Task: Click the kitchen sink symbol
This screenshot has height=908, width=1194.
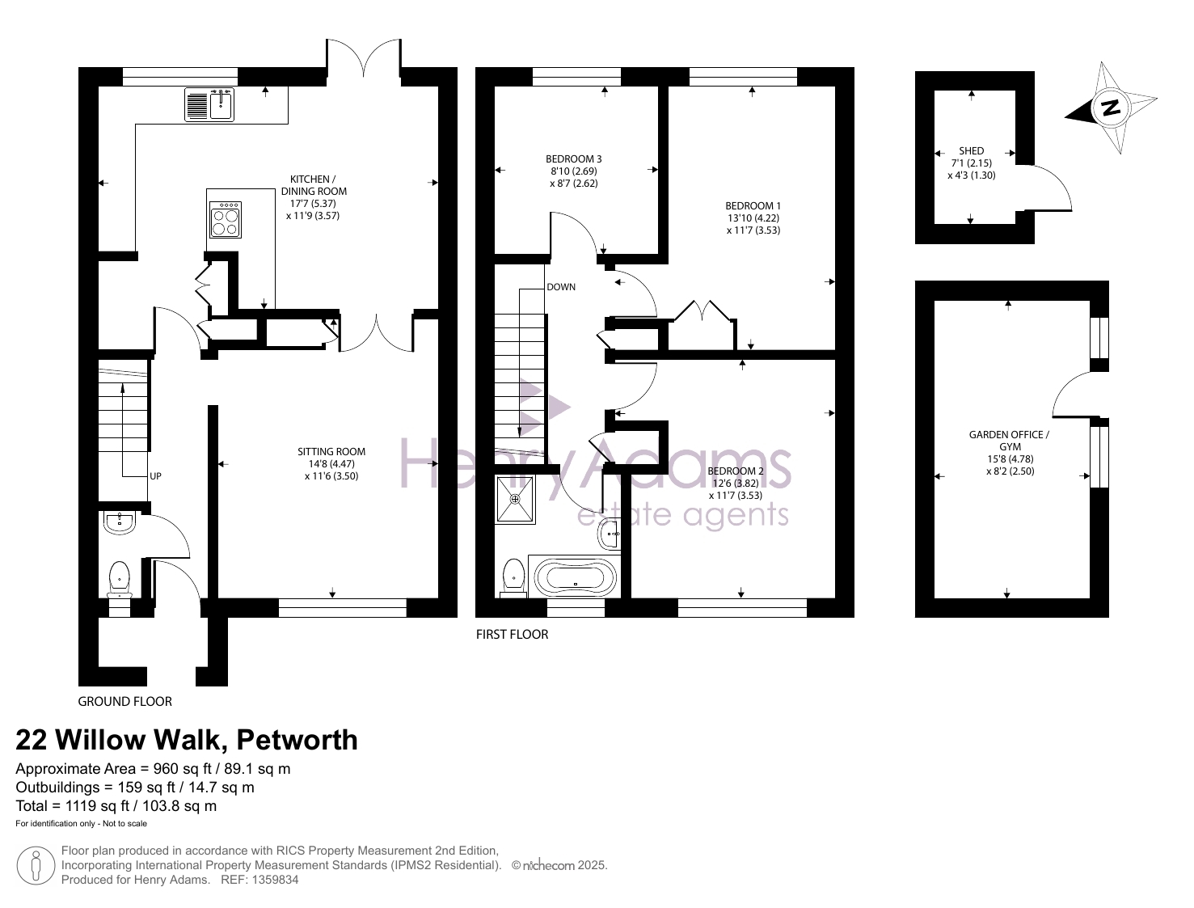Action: (209, 104)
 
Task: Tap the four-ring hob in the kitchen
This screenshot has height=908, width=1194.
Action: (226, 219)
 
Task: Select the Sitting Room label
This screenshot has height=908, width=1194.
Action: (331, 451)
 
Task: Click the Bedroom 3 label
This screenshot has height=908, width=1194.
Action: (573, 158)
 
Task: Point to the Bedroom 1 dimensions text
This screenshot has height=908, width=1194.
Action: (753, 224)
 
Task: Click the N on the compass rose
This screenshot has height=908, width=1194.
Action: (1110, 108)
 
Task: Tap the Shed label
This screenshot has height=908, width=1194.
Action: (971, 150)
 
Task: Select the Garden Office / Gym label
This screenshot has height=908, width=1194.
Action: (1010, 441)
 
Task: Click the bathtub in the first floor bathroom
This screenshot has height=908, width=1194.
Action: (576, 577)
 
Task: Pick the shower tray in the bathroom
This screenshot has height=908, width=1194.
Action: (515, 499)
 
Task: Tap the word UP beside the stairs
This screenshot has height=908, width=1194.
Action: (155, 476)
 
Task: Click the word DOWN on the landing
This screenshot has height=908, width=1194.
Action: (561, 287)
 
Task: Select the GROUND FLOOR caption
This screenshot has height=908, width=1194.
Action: (124, 701)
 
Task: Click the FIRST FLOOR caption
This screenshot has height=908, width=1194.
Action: (512, 634)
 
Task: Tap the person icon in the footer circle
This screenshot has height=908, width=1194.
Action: (36, 866)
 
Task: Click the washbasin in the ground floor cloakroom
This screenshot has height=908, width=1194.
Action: (120, 523)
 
